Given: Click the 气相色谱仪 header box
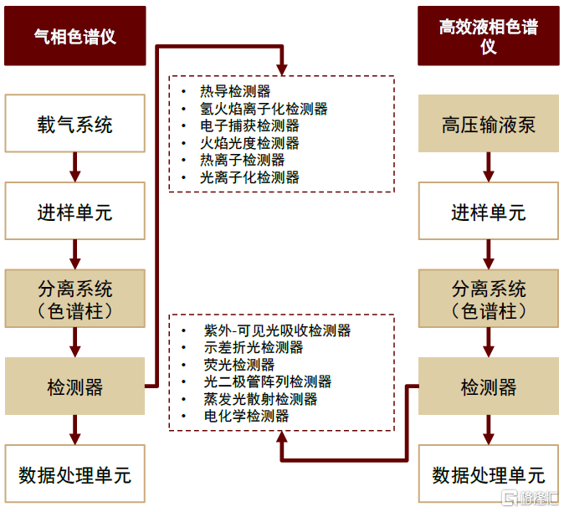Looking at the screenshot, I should coord(74,36).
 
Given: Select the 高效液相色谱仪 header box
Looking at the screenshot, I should coord(489,36).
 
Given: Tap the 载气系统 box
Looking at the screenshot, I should coord(74,125).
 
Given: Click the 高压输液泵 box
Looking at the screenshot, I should coord(489,125).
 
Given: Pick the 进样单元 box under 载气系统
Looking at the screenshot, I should coord(74,212).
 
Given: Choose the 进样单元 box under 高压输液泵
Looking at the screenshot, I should coord(489,212).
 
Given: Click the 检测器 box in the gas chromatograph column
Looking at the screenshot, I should coord(74,387).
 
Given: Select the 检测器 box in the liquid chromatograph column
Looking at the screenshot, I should coord(489,387).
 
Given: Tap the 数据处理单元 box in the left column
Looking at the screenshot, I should coord(74,474).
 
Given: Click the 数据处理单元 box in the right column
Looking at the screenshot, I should coord(489,474).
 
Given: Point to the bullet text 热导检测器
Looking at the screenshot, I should coord(235,91).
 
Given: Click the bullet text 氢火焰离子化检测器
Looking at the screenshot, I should coord(264,109).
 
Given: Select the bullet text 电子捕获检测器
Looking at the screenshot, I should coord(249,125).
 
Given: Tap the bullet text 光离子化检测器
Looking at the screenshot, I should coord(249,177).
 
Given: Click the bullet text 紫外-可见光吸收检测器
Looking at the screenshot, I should coord(277,330).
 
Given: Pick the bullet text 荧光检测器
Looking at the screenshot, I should coord(239,365).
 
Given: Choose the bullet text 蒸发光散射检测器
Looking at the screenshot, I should coord(260,399).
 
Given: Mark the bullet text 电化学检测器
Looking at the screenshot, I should coord(247,416).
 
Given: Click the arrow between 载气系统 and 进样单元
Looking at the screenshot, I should coord(74,168).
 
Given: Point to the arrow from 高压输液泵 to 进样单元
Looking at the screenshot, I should coord(489,168).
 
